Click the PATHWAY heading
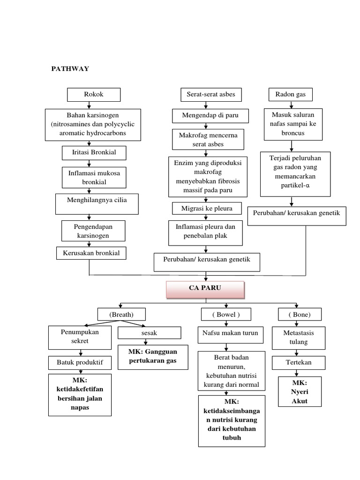coord(70,69)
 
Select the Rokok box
coord(94,95)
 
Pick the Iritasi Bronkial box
coord(89,153)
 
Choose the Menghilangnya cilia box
coord(90,200)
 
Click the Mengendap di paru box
coord(210,115)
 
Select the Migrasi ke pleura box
coord(207,208)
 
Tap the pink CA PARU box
coord(205,290)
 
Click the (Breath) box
coord(121,314)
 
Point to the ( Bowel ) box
coord(226,314)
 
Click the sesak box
coord(149,333)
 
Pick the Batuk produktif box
coord(80,362)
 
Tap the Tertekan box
coord(299,362)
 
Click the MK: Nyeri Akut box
coord(300,391)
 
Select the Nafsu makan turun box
coord(226,333)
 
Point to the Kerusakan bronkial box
coord(91,253)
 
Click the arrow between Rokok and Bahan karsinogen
coord(89,105)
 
